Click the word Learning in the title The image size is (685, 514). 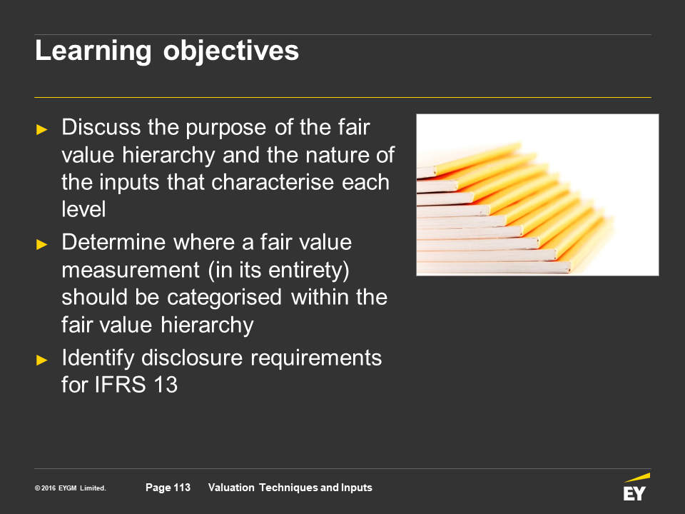[93, 51]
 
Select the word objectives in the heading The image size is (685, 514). [230, 51]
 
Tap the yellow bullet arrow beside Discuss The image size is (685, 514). [42, 129]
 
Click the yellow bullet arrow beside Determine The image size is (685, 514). [42, 244]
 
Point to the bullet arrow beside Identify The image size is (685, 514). [42, 360]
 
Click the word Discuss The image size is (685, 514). [101, 127]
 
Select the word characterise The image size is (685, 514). [273, 182]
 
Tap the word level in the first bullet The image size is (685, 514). [83, 209]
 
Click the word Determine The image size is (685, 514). [113, 242]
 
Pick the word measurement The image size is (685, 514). [130, 270]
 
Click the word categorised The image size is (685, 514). [224, 297]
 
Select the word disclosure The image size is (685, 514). [192, 358]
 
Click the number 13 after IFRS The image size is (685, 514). [166, 385]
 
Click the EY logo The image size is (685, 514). [636, 488]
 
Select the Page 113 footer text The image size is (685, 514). [168, 488]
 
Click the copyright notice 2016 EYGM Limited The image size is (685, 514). [71, 488]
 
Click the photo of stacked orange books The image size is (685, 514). [537, 195]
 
